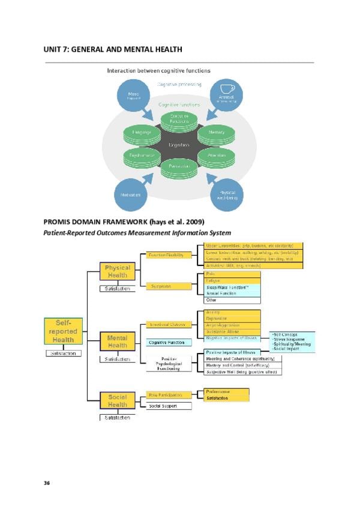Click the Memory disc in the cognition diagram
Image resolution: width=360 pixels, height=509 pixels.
click(216, 131)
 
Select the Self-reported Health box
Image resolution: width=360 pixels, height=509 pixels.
click(62, 331)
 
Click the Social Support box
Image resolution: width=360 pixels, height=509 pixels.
click(169, 406)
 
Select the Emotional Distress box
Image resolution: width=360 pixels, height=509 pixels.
click(169, 324)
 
